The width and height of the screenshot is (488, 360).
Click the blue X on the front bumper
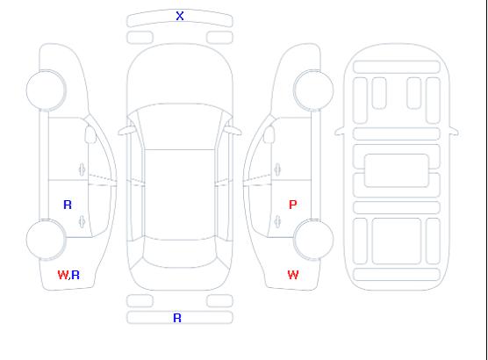[x=180, y=16]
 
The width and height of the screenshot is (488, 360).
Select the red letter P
[x=292, y=205]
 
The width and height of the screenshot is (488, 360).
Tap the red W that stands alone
[x=293, y=275]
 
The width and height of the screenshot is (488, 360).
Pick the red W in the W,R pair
[x=63, y=275]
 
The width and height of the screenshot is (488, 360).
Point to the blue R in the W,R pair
[x=75, y=275]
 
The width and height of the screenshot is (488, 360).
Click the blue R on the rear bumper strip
[x=177, y=318]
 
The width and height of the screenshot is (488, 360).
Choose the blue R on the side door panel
[x=68, y=205]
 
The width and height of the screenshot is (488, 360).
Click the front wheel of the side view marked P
[x=313, y=90]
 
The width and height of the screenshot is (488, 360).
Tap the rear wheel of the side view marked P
[x=313, y=239]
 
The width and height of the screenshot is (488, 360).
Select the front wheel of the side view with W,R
[x=46, y=90]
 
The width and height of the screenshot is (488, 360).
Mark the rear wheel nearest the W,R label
[x=46, y=239]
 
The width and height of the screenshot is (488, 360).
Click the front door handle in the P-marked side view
[x=277, y=169]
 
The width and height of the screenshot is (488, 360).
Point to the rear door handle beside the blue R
[x=82, y=221]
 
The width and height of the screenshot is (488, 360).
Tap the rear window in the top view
[x=180, y=253]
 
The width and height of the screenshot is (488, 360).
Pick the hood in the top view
[x=180, y=75]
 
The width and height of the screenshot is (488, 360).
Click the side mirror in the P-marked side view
[x=269, y=134]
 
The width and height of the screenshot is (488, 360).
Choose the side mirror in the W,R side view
[x=90, y=134]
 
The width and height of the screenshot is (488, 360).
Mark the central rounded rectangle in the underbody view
[x=397, y=170]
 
